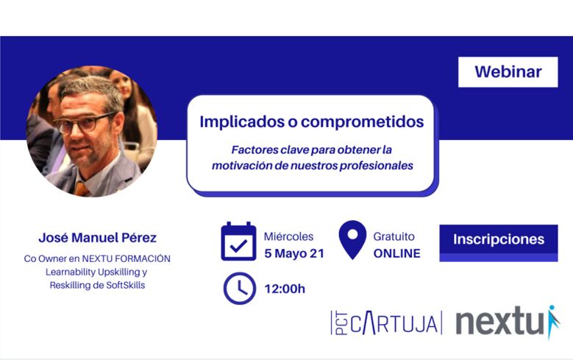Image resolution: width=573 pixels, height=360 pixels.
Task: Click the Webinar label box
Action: [508, 71]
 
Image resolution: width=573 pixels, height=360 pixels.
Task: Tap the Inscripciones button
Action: [499, 243]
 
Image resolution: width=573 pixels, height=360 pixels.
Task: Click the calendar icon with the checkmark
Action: [238, 241]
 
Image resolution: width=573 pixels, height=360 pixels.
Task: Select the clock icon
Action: [239, 289]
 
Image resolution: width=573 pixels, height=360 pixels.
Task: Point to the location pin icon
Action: [352, 240]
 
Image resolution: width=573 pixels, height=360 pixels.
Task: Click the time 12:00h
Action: [285, 289]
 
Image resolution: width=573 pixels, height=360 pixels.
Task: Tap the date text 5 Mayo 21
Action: [294, 253]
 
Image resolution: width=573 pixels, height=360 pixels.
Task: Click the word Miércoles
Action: [288, 237]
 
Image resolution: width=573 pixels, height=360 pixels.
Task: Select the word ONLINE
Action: [397, 253]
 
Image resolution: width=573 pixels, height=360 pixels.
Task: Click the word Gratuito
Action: [394, 237]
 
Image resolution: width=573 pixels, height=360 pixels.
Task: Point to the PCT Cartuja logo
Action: [386, 322]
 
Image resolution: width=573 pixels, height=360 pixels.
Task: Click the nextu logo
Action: [508, 321]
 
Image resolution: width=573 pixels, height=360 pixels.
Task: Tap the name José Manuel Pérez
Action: [98, 238]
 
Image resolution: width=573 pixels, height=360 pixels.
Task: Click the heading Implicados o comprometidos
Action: [312, 121]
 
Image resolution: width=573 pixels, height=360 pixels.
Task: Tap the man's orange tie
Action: [81, 189]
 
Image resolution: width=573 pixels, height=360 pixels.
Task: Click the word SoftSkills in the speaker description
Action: [126, 286]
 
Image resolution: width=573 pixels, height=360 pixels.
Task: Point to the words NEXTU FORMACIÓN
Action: [126, 258]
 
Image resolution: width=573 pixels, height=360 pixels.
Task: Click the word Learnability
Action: [69, 272]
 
